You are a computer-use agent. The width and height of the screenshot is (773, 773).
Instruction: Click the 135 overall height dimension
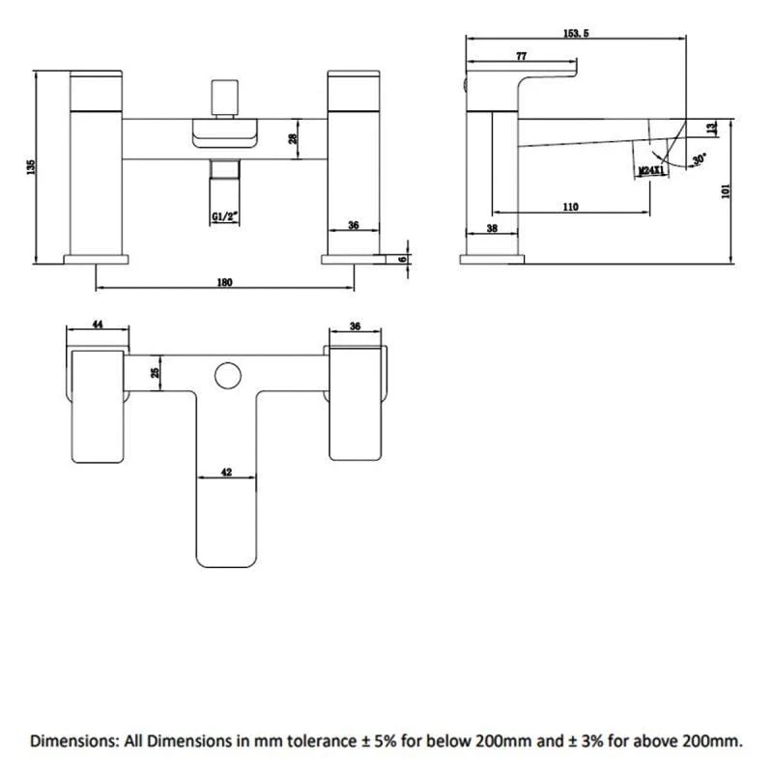32,166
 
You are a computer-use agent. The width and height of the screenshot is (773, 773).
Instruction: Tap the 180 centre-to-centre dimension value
224,282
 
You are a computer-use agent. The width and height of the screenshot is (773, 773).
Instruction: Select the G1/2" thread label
225,216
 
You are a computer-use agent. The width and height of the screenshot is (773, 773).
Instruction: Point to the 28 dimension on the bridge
294,138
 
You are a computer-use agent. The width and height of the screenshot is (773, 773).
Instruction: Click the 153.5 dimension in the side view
576,34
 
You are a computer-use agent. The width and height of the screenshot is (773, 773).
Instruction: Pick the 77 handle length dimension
521,56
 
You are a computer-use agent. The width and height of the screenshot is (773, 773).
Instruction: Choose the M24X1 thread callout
651,171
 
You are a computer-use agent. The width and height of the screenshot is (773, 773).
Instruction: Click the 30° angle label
699,159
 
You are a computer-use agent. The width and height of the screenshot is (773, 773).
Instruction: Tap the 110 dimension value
570,207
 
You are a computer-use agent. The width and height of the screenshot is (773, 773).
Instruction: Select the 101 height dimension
726,190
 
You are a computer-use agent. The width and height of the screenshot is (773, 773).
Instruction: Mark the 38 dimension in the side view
492,228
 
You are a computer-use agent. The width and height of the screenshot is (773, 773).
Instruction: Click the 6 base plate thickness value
403,259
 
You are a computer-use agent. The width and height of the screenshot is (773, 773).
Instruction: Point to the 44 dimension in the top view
98,325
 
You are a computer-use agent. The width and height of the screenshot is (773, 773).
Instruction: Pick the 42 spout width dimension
226,472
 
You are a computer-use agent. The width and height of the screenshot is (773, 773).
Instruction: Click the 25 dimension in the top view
156,373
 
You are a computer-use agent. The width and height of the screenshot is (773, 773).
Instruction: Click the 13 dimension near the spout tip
712,129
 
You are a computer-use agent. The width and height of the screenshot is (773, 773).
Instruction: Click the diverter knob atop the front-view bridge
225,98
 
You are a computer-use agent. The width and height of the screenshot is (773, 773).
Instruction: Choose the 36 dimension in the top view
355,326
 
